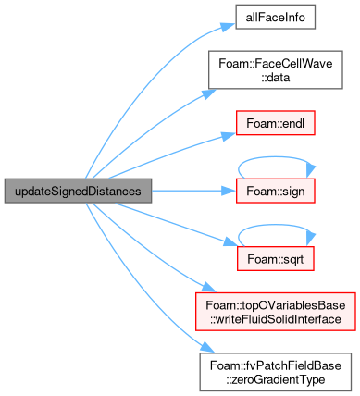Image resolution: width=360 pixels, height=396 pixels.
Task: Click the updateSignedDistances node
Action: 78,191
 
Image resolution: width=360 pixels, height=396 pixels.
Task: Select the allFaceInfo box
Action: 276,17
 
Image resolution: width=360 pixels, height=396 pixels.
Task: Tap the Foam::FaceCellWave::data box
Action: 276,70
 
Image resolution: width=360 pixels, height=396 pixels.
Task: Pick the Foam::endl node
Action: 276,123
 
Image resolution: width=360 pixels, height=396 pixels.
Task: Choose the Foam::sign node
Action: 276,191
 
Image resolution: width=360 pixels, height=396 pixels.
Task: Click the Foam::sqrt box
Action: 276,259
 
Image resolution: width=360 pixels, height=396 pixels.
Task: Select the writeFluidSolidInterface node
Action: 276,312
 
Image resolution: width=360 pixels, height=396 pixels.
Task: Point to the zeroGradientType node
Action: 276,372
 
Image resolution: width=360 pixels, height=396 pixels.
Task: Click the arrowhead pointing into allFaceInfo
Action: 229,27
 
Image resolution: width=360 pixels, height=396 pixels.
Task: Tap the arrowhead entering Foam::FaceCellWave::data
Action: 209,93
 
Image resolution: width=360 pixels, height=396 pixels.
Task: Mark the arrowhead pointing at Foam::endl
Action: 229,135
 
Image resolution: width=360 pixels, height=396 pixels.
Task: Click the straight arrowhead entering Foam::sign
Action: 229,191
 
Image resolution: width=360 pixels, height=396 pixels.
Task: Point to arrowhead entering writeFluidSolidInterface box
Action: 210,288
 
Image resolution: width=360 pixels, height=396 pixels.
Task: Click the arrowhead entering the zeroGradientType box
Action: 207,348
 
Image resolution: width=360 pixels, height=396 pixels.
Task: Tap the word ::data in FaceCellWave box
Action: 276,78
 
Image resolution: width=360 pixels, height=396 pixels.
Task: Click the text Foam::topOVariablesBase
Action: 276,305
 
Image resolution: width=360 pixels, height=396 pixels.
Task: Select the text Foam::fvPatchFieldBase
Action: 276,365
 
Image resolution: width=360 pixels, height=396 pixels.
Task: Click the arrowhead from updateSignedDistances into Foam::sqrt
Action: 230,242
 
